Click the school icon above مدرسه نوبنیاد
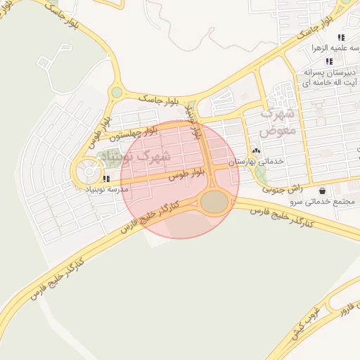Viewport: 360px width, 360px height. pyautogui.click(x=106, y=179)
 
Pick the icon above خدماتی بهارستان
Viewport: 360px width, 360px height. pyautogui.click(x=255, y=150)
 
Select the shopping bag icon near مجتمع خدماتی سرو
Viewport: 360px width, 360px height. pyautogui.click(x=322, y=190)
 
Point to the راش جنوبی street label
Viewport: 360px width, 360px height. pyautogui.click(x=283, y=188)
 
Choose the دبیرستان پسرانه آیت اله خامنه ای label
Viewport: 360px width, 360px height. pyautogui.click(x=330, y=77)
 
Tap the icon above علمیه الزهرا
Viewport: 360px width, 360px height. pyautogui.click(x=341, y=37)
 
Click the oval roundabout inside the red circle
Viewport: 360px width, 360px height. pyautogui.click(x=214, y=202)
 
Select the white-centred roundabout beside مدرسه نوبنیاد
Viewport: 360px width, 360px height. pyautogui.click(x=89, y=171)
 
